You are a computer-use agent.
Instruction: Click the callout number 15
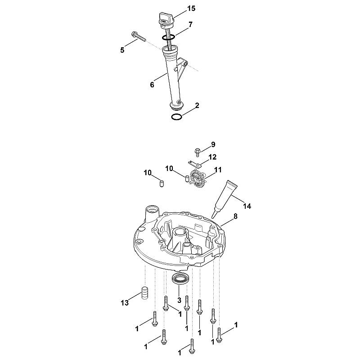[191, 9]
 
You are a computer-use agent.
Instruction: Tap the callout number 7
[190, 24]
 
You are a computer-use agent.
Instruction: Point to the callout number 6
[152, 85]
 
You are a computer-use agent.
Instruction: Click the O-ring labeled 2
[177, 117]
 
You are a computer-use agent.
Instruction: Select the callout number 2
[197, 106]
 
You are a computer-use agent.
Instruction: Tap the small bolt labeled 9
[197, 152]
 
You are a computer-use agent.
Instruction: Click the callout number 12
[212, 157]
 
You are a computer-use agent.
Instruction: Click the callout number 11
[218, 170]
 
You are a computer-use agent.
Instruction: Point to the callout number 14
[247, 206]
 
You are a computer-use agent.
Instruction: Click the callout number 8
[235, 216]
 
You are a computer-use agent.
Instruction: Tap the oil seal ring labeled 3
[181, 279]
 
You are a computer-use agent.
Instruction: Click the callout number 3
[179, 300]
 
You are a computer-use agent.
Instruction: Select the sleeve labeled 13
[144, 293]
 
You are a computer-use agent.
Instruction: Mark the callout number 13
[125, 303]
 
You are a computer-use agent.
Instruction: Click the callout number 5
[122, 50]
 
